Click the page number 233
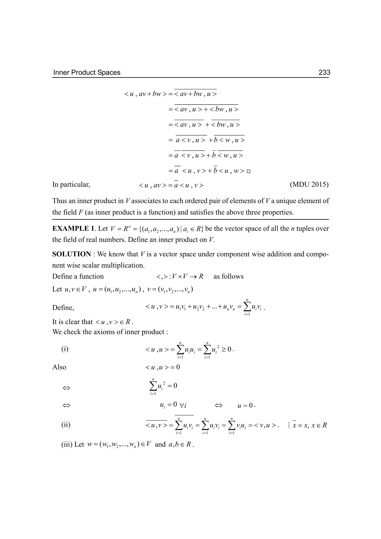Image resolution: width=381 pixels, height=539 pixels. click(x=324, y=72)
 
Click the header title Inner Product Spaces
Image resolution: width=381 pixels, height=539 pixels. click(x=87, y=72)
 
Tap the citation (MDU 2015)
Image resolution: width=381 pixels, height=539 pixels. click(x=309, y=184)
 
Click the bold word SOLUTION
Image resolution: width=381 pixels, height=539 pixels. click(x=72, y=254)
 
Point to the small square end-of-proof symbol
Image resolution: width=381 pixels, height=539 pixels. click(x=249, y=171)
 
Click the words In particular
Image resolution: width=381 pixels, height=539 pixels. click(x=71, y=184)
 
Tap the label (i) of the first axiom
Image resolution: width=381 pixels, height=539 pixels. click(x=65, y=349)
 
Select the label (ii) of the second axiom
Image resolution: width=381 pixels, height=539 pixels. click(x=66, y=425)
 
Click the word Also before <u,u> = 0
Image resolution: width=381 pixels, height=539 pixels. click(x=59, y=367)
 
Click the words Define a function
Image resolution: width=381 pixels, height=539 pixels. click(x=78, y=276)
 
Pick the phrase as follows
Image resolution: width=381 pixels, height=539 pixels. click(x=228, y=276)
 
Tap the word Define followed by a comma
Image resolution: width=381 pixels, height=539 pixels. click(x=63, y=308)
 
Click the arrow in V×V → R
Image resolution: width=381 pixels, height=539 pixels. click(x=193, y=277)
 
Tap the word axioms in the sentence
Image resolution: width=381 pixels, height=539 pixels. click(x=105, y=332)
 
